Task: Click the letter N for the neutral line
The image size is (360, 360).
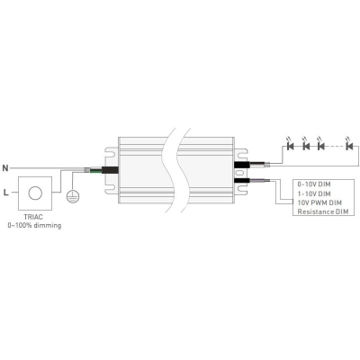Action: pyautogui.click(x=5, y=168)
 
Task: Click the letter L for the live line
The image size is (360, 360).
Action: pyautogui.click(x=5, y=193)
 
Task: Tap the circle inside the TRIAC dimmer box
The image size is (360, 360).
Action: pyautogui.click(x=35, y=193)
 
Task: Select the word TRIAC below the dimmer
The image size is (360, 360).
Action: pyautogui.click(x=33, y=217)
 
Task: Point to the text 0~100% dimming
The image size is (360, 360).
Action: pyautogui.click(x=34, y=225)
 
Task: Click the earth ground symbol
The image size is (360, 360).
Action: pyautogui.click(x=73, y=196)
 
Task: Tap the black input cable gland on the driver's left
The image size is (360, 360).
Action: pyautogui.click(x=110, y=170)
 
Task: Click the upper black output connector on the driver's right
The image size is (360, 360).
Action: pyautogui.click(x=242, y=165)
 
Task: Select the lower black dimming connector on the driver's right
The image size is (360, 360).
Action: pyautogui.click(x=242, y=180)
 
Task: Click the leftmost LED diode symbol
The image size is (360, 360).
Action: pyautogui.click(x=290, y=146)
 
